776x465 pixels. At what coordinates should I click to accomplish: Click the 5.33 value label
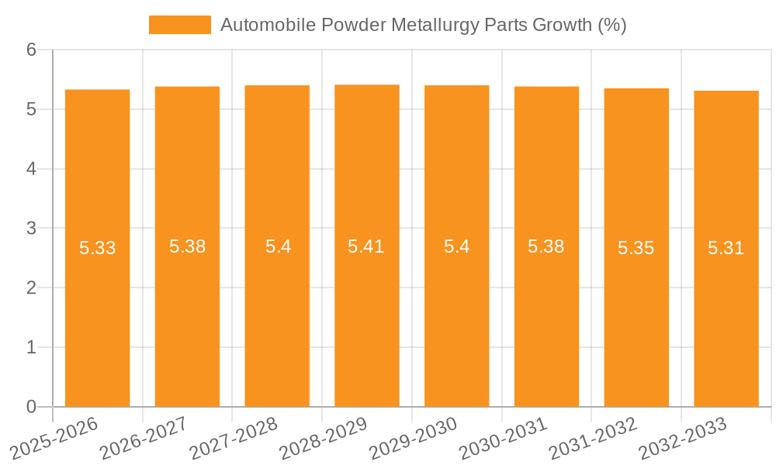pyautogui.click(x=98, y=249)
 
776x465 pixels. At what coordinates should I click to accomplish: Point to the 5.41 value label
pyautogui.click(x=366, y=247)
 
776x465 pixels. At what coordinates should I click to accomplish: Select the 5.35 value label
pyautogui.click(x=636, y=249)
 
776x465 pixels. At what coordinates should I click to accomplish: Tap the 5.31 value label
pyautogui.click(x=726, y=249)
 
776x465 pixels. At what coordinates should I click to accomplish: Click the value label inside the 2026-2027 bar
pyautogui.click(x=187, y=247)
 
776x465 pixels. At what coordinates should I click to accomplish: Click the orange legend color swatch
pyautogui.click(x=180, y=26)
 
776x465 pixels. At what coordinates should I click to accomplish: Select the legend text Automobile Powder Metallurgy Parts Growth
pyautogui.click(x=423, y=26)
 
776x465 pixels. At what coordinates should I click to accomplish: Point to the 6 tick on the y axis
pyautogui.click(x=32, y=50)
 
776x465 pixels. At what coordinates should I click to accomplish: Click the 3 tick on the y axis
pyautogui.click(x=32, y=229)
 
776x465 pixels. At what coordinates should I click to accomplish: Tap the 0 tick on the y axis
pyautogui.click(x=32, y=407)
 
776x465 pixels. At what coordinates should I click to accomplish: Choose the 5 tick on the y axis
pyautogui.click(x=32, y=109)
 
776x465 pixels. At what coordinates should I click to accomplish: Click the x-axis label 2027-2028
pyautogui.click(x=234, y=437)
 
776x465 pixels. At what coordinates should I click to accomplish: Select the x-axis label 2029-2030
pyautogui.click(x=413, y=437)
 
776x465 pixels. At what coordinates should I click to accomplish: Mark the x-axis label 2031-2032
pyautogui.click(x=593, y=437)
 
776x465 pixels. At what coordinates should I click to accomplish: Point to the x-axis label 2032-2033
pyautogui.click(x=683, y=437)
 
